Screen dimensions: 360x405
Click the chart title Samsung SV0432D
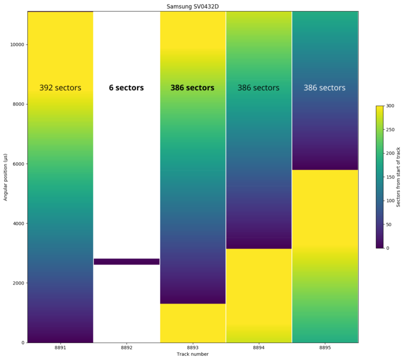(x=192, y=6)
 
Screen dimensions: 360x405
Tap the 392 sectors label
(x=61, y=88)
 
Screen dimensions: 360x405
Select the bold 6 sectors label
(x=127, y=88)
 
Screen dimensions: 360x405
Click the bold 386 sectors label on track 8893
(x=192, y=88)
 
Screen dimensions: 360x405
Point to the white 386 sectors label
(x=324, y=88)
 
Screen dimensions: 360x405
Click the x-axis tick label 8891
(x=61, y=348)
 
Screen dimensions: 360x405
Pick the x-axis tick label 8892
(x=127, y=348)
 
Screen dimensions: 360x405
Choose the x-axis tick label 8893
(x=192, y=348)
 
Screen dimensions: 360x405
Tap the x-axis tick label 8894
(x=258, y=348)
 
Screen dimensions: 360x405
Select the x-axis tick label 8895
(x=325, y=348)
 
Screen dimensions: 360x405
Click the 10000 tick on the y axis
(x=17, y=44)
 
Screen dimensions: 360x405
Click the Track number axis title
(x=192, y=354)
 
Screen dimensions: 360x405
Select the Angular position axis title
(x=6, y=177)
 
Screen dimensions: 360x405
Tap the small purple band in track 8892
(x=127, y=261)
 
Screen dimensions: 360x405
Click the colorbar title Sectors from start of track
(x=398, y=177)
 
